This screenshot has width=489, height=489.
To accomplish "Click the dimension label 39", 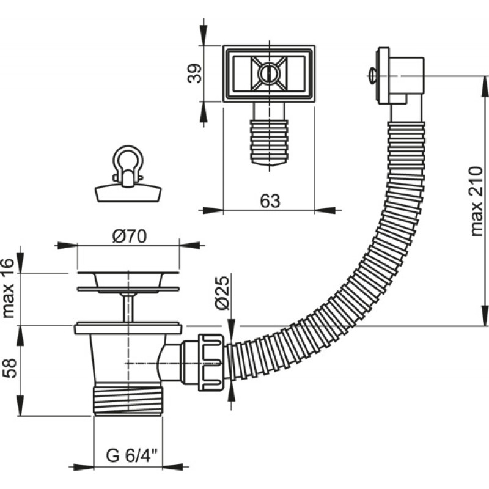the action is pos(194,73).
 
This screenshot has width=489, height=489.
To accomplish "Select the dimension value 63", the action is pos(270,201).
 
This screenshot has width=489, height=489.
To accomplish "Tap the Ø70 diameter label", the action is pos(130,237).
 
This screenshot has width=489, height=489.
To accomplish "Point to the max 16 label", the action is pos(8,288).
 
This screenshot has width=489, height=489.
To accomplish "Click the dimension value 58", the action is pos(9,369).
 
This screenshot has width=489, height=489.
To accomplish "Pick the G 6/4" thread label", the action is pos(131,456).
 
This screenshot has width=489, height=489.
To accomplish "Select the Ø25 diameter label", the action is pos(222,293).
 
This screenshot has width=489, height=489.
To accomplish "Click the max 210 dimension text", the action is pos(476,202).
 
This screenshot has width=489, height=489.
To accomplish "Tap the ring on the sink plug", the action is pos(128,158).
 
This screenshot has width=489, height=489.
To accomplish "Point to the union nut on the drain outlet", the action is pos(211,362).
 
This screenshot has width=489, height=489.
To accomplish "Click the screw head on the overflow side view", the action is pos(372,76).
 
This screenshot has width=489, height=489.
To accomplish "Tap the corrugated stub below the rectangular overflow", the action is pos(269,143).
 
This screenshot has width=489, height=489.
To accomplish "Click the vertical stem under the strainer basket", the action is pos(128,307).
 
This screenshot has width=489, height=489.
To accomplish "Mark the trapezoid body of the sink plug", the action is pos(128,193).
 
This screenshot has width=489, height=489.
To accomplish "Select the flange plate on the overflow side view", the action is pos(383,76).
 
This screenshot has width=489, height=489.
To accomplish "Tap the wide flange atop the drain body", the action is pos(128,328).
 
